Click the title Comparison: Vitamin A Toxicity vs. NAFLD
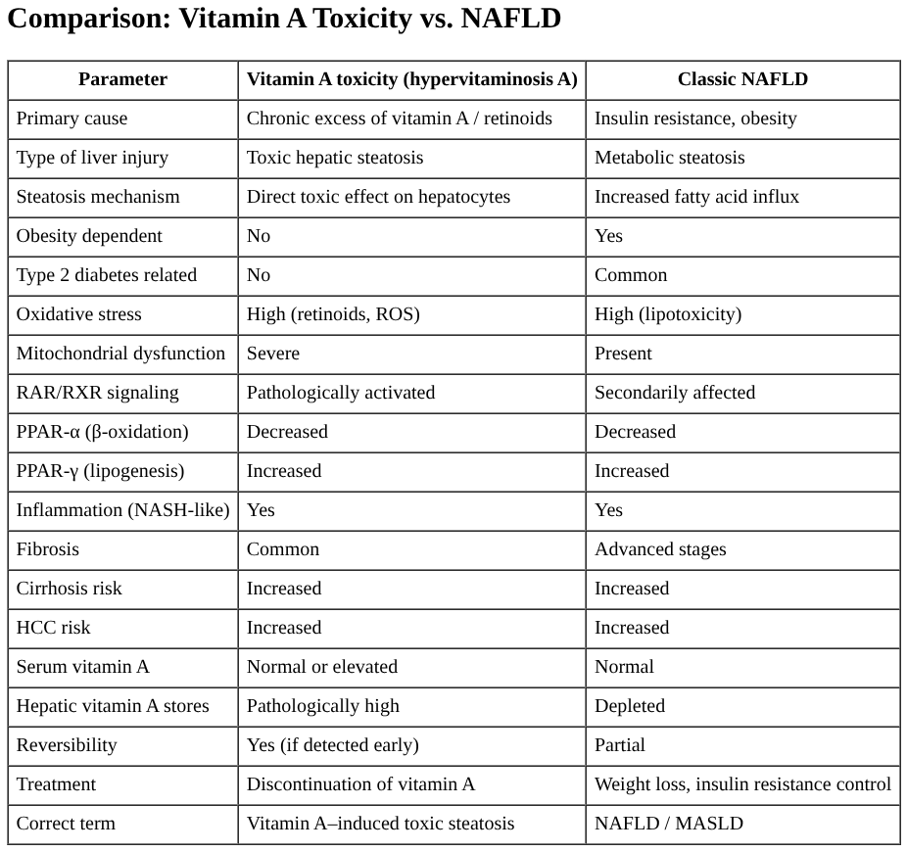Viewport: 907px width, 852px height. [284, 20]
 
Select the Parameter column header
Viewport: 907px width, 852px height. [122, 79]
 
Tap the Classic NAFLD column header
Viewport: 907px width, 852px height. [742, 79]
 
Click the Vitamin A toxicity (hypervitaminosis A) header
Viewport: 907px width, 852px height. [411, 79]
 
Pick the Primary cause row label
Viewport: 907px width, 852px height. [72, 118]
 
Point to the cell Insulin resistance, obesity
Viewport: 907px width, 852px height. [695, 118]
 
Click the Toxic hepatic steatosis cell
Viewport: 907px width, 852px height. [335, 158]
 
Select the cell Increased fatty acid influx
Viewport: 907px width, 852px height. [696, 197]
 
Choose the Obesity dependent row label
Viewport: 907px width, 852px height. [89, 236]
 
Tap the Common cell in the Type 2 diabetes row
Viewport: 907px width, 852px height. [631, 275]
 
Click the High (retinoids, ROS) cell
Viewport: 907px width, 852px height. [333, 314]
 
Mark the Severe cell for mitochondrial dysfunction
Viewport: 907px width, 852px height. [273, 354]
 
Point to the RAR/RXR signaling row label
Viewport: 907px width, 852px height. [97, 393]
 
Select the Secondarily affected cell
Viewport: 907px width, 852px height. [675, 393]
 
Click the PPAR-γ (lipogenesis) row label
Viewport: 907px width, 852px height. [100, 471]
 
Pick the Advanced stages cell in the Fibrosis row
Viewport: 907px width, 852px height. [660, 549]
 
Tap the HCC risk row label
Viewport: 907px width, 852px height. [53, 628]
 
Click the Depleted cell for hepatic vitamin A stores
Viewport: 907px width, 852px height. [630, 706]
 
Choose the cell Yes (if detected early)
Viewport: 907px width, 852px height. [332, 745]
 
